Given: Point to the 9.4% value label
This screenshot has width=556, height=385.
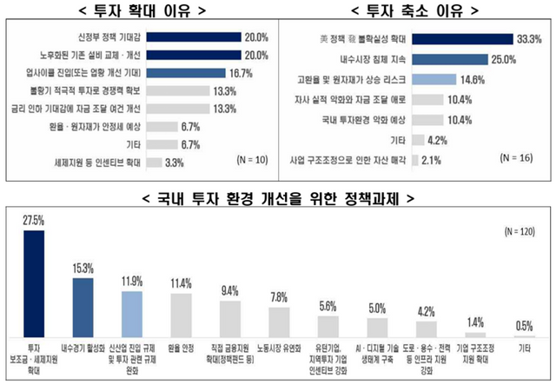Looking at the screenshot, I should (230, 291).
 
